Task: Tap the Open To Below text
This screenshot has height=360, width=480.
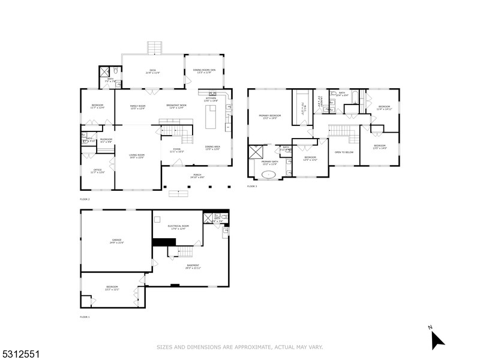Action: pos(344,152)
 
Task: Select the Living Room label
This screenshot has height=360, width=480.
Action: pos(137,157)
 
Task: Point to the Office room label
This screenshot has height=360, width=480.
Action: pos(97,171)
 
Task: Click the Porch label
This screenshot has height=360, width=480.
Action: pos(197,176)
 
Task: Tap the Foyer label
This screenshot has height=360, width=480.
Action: pos(176,150)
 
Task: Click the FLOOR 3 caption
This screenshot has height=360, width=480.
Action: pos(252,187)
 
